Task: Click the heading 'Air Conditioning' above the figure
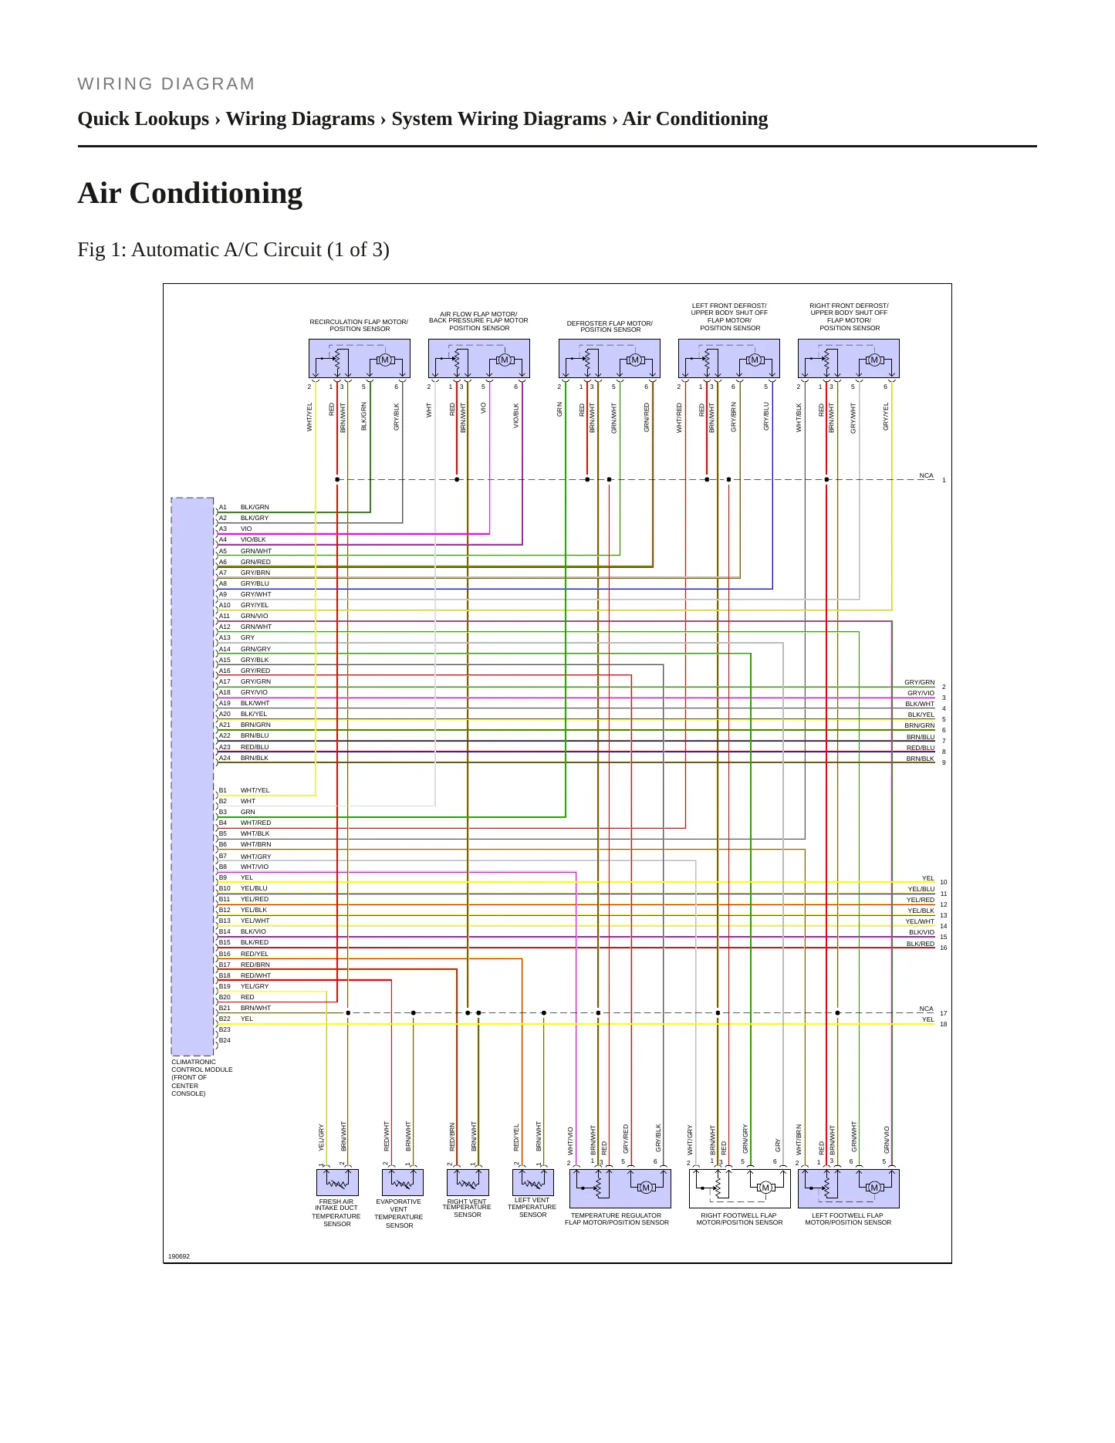(x=190, y=194)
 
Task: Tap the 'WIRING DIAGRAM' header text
(x=166, y=84)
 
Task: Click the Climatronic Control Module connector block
(x=192, y=776)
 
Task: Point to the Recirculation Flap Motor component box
(x=359, y=359)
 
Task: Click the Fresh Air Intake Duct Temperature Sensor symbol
(x=337, y=1182)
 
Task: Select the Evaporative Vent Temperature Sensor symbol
(x=403, y=1182)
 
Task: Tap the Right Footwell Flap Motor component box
(x=739, y=1188)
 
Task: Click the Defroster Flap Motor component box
(x=610, y=359)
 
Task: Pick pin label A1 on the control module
(x=223, y=508)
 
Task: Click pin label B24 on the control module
(x=225, y=1041)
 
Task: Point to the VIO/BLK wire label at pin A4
(x=253, y=540)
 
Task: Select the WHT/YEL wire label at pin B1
(x=255, y=791)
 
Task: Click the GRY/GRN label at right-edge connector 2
(x=919, y=683)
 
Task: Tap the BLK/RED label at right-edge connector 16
(x=921, y=945)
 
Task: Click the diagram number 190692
(x=179, y=1257)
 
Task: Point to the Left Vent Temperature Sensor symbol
(x=533, y=1182)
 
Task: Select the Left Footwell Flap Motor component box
(x=848, y=1188)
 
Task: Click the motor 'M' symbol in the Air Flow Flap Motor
(x=505, y=360)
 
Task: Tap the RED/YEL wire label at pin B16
(x=255, y=955)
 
